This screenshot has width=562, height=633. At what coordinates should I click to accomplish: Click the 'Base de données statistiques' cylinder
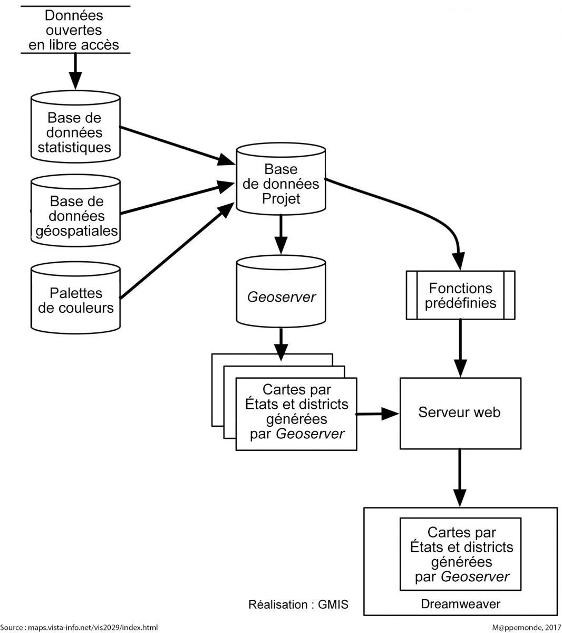75,132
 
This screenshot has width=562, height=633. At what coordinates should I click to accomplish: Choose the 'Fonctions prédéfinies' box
460,295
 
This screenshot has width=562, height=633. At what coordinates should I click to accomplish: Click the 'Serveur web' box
460,413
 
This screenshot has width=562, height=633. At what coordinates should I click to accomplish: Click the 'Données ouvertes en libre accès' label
74,30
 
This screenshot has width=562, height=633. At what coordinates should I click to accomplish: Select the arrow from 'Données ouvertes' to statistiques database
75,71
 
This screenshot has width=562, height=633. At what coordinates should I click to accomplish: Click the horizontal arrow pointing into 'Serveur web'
377,414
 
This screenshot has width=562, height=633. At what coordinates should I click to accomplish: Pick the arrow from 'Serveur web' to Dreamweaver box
460,477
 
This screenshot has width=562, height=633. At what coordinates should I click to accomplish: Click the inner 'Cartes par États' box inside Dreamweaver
460,554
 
